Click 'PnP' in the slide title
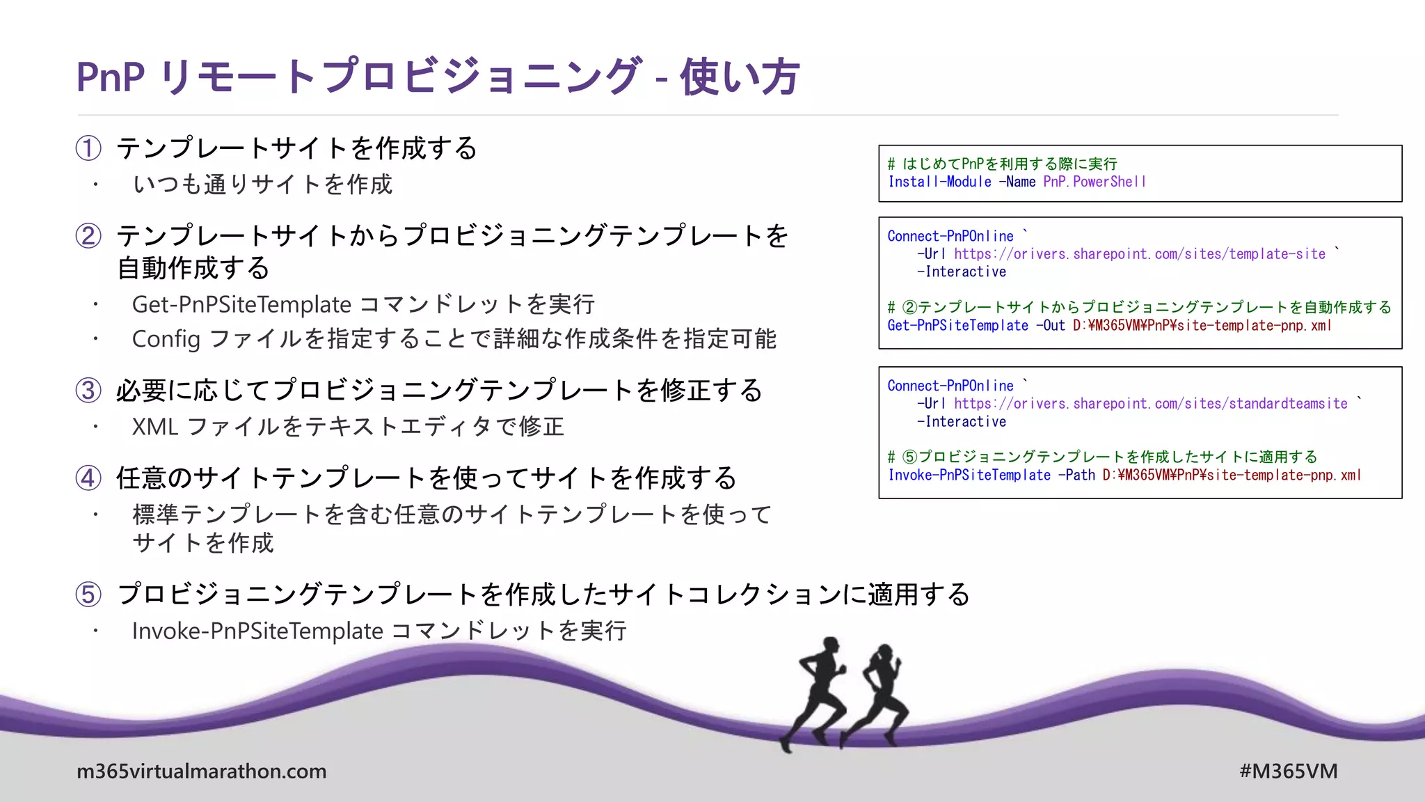click(x=110, y=77)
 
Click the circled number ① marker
click(x=88, y=148)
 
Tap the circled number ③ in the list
click(x=88, y=390)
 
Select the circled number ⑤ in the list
click(x=88, y=594)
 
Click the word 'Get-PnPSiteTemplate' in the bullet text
click(x=241, y=304)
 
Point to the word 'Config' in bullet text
click(x=166, y=339)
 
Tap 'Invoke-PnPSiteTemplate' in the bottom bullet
click(x=257, y=631)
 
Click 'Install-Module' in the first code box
click(x=939, y=182)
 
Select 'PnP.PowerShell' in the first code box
click(x=1094, y=182)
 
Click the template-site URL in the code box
click(x=1139, y=254)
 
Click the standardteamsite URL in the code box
click(x=1150, y=404)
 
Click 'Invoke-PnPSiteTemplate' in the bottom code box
click(x=969, y=475)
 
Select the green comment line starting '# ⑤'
click(x=1103, y=457)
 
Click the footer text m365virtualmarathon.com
click(x=201, y=771)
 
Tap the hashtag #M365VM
click(x=1288, y=771)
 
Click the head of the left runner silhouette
click(x=830, y=644)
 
